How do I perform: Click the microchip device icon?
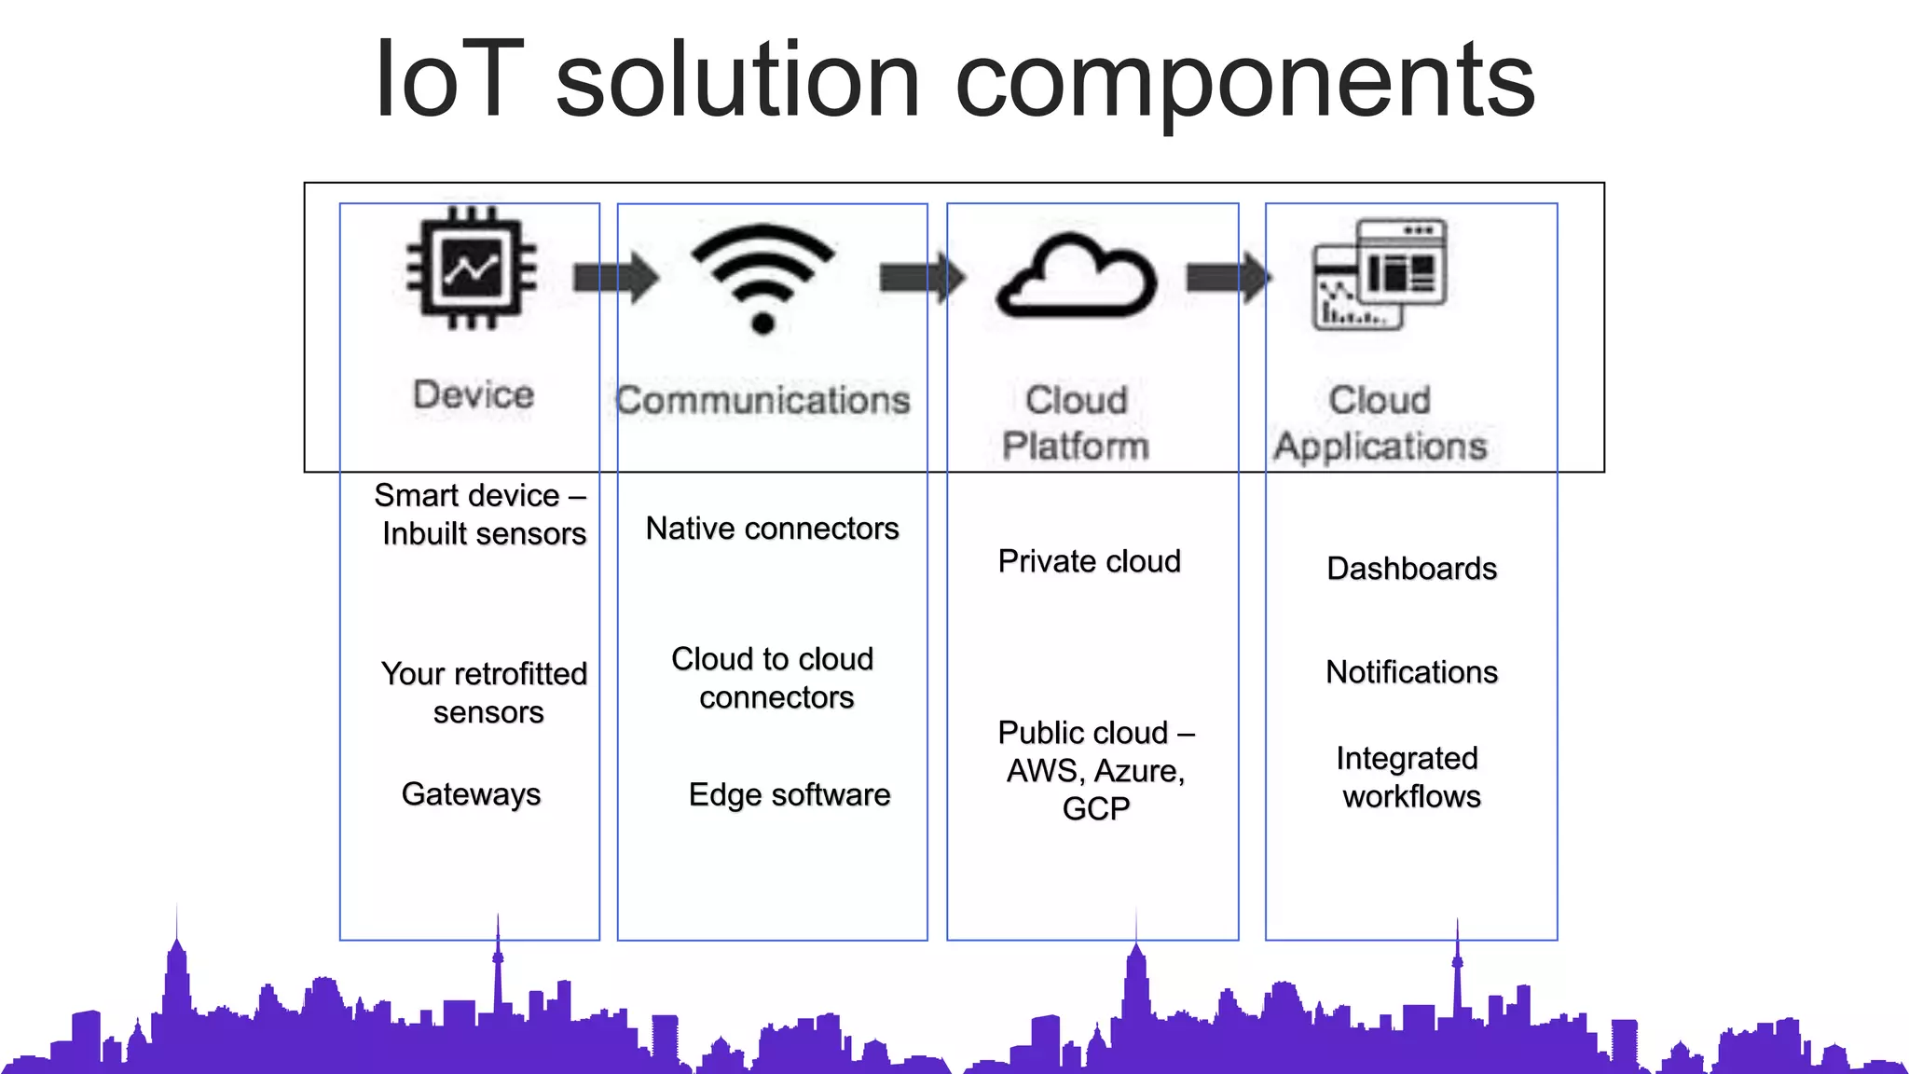tap(472, 268)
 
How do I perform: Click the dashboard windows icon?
tap(1380, 274)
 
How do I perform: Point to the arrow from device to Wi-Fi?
tap(615, 277)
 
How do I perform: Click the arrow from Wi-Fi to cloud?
tap(921, 277)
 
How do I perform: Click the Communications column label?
tap(762, 400)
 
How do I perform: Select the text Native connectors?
tap(772, 529)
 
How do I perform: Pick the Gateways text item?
tap(471, 794)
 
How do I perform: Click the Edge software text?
tap(789, 795)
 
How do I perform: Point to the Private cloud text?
tap(1089, 561)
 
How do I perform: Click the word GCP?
tap(1095, 808)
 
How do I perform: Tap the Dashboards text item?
tap(1411, 569)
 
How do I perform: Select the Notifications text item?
tap(1411, 672)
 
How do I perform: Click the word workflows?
tap(1411, 797)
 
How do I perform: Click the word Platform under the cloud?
tap(1076, 446)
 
